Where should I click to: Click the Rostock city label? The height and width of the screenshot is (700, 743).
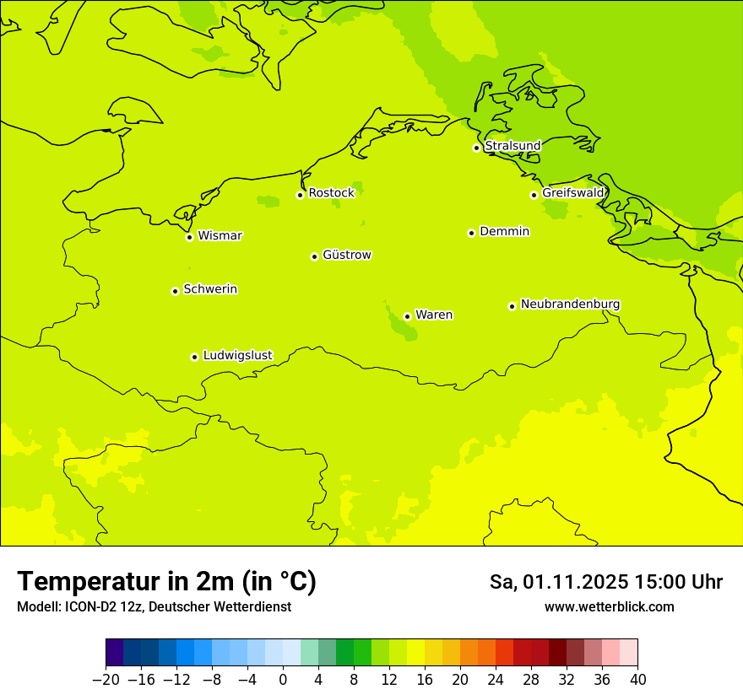331,193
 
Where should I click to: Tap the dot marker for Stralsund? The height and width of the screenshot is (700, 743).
476,148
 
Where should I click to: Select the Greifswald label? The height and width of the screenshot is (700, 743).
572,193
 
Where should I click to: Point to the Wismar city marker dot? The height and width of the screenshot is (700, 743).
189,237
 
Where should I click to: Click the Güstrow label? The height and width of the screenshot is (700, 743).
346,255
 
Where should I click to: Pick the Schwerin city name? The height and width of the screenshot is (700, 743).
210,289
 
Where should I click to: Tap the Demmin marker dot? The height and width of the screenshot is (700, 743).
471,233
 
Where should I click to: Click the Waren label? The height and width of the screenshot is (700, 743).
434,315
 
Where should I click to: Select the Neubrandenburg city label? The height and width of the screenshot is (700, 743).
570,304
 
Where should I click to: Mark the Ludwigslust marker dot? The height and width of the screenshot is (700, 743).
194,357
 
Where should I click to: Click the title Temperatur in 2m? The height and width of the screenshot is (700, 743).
166,582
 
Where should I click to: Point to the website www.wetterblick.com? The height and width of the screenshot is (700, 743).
609,606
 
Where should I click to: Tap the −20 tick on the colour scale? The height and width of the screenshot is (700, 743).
106,680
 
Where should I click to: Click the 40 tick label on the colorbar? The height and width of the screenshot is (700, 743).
637,680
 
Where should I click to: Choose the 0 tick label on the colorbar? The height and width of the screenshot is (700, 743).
283,680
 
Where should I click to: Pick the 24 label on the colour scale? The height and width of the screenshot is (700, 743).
496,680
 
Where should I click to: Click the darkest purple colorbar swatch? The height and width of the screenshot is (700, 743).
115,653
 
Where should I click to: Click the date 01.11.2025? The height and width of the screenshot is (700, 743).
574,582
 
